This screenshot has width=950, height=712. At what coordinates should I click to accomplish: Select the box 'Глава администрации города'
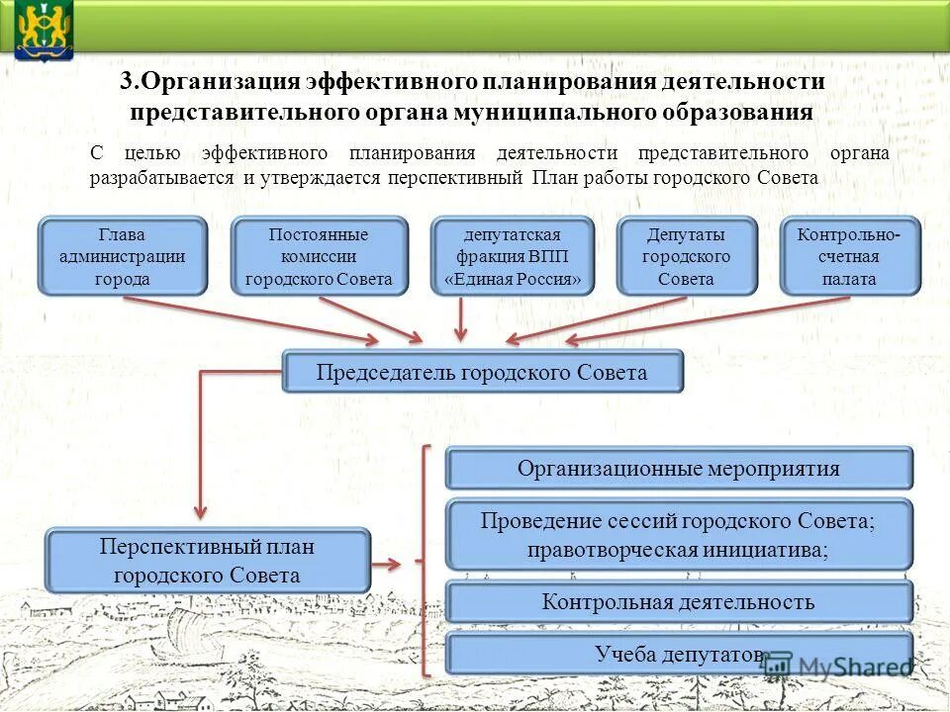pos(122,256)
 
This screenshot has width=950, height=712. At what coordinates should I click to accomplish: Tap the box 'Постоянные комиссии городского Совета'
pos(319,256)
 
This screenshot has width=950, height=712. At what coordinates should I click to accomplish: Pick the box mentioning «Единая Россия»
pos(513,256)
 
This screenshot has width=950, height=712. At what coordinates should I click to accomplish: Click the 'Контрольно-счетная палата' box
pos(849,256)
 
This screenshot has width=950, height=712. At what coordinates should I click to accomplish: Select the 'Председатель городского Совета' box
pos(482,372)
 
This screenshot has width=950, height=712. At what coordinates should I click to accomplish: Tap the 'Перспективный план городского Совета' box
pos(207,561)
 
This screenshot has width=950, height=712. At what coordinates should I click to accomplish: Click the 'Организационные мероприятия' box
pos(678,468)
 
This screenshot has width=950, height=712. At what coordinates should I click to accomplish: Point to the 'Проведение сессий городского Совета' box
pos(678,534)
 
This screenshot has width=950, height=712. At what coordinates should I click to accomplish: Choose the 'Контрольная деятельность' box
pos(678,601)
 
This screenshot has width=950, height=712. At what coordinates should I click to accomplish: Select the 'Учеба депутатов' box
pos(678,654)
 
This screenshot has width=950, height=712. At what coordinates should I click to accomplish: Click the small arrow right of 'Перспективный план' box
pos(387,565)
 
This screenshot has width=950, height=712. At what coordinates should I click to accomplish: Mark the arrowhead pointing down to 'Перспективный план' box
pos(201,509)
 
